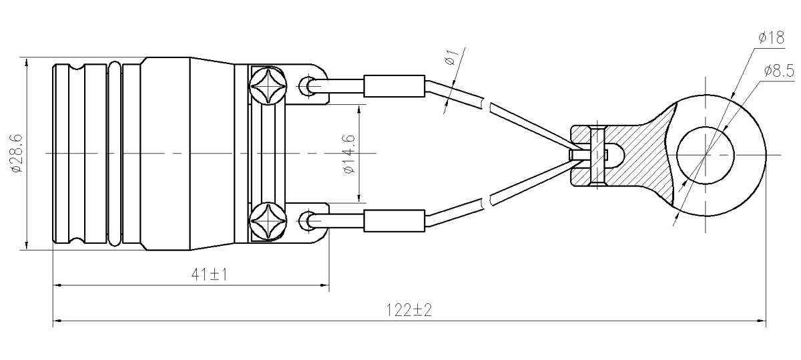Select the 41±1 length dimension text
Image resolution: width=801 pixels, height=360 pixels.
coord(208,274)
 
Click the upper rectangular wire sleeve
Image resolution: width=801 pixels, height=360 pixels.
coord(394,85)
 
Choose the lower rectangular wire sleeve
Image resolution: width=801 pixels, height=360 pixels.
coord(394,220)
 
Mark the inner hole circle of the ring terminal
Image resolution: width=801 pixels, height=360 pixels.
coord(707,154)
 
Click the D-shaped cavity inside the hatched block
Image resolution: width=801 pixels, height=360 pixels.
coord(613,154)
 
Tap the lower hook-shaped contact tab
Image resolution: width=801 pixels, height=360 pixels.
coord(311,221)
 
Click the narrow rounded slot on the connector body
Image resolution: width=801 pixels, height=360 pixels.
coord(114,154)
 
